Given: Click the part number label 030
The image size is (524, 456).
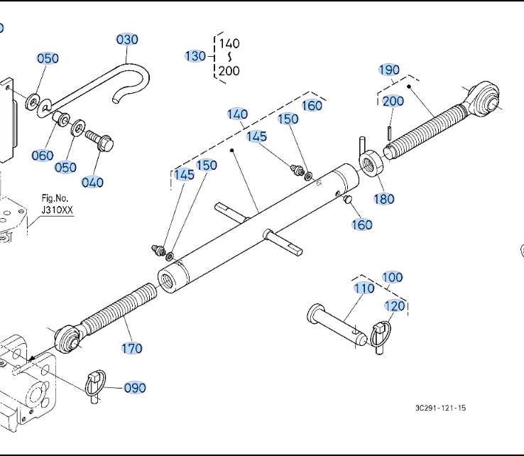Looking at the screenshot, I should [127, 39].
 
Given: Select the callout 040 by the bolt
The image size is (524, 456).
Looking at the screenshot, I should [92, 182].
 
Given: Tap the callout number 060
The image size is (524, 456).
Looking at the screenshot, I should [43, 156].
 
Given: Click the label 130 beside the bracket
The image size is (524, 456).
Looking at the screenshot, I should [195, 56].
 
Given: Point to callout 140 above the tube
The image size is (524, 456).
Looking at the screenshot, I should [237, 114].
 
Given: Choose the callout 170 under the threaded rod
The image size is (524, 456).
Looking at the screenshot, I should [131, 348].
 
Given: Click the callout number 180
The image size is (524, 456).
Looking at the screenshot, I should [384, 199].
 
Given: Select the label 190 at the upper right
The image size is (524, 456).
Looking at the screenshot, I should [389, 70].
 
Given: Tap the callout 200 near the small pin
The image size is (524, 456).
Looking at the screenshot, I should [393, 101].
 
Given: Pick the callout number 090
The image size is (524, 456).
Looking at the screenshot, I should [135, 388].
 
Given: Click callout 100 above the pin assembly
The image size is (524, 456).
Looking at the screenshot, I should [393, 277].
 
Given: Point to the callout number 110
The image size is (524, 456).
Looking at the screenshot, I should [364, 288].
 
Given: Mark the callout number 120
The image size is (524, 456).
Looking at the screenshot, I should [395, 305].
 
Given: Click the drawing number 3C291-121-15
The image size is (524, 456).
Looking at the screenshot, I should [441, 408].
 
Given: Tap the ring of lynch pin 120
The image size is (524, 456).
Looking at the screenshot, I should [381, 329].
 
